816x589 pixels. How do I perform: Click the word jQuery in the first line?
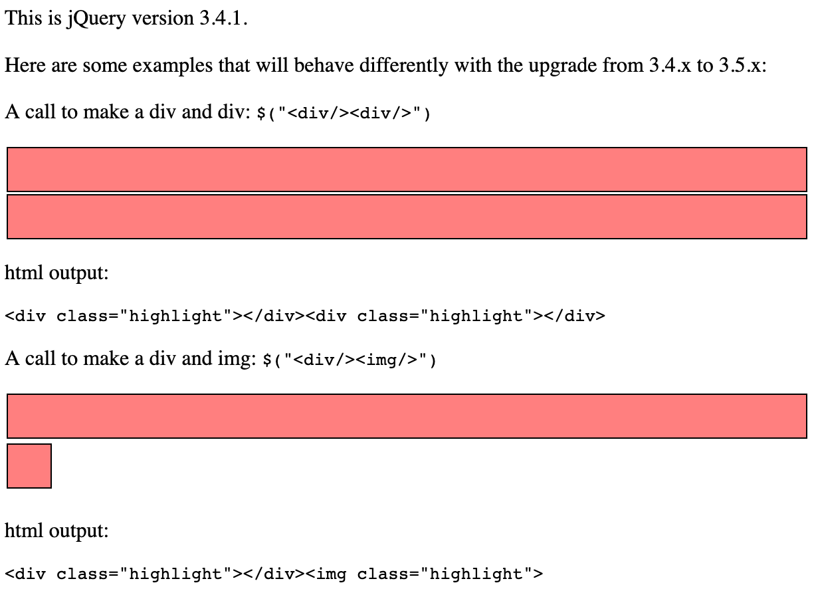(96, 19)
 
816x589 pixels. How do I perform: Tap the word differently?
(403, 66)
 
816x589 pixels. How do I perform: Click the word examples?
(172, 67)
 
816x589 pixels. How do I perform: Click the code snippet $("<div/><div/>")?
(344, 112)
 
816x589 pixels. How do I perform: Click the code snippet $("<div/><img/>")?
(350, 360)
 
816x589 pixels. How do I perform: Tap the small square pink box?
(29, 466)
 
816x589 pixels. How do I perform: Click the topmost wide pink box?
(407, 170)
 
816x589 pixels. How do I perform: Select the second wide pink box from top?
(407, 217)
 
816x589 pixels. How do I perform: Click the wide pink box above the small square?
(407, 416)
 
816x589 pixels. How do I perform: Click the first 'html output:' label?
(56, 273)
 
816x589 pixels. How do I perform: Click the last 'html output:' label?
(56, 530)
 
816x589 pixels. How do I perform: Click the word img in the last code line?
(331, 574)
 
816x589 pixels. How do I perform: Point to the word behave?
(324, 66)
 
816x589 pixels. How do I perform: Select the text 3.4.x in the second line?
(670, 66)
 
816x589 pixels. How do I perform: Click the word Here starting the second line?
(25, 66)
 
